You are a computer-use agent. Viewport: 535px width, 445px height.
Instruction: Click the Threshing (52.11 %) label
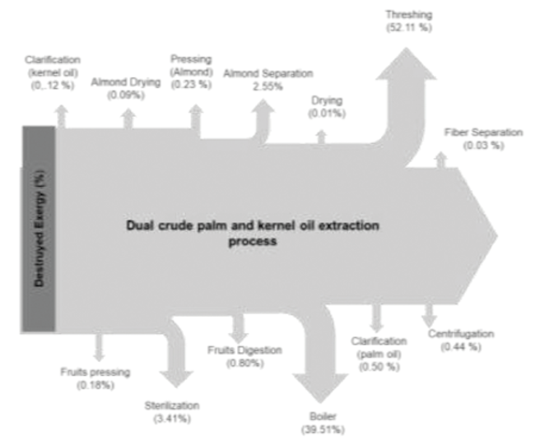click(408, 21)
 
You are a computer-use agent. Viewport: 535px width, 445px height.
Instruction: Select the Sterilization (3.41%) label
click(171, 412)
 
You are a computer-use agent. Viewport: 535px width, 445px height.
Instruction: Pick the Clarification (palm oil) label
click(379, 353)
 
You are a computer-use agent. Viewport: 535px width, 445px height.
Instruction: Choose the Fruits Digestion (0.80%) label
click(244, 355)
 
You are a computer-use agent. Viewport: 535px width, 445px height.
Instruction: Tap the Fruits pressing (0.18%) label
click(95, 378)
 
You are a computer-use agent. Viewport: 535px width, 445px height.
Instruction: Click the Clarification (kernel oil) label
click(53, 72)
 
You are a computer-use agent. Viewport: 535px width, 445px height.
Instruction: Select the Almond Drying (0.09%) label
click(126, 88)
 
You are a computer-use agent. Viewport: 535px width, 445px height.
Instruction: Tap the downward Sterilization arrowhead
click(174, 375)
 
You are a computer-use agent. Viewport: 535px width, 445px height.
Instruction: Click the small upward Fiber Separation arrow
click(441, 159)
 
